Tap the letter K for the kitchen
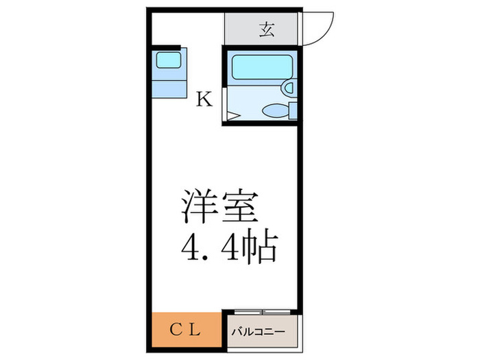(204, 100)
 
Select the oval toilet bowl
(276, 110)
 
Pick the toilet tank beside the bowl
(293, 110)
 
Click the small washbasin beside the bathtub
(289, 87)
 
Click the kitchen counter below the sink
(168, 87)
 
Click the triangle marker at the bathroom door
(232, 117)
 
